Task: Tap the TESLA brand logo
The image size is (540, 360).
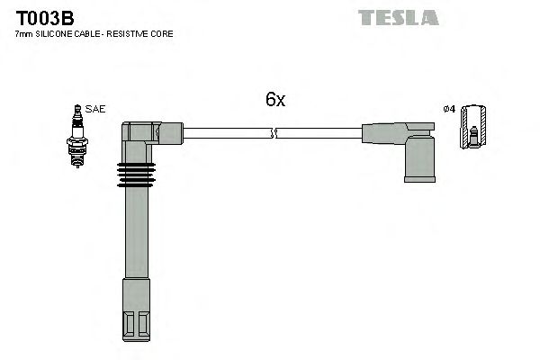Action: coord(398,17)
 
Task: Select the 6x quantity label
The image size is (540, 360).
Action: coord(275,101)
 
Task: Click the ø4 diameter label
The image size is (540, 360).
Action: coord(449,110)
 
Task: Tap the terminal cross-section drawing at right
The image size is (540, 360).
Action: coord(474,129)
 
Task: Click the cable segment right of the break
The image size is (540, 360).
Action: coord(319,134)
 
